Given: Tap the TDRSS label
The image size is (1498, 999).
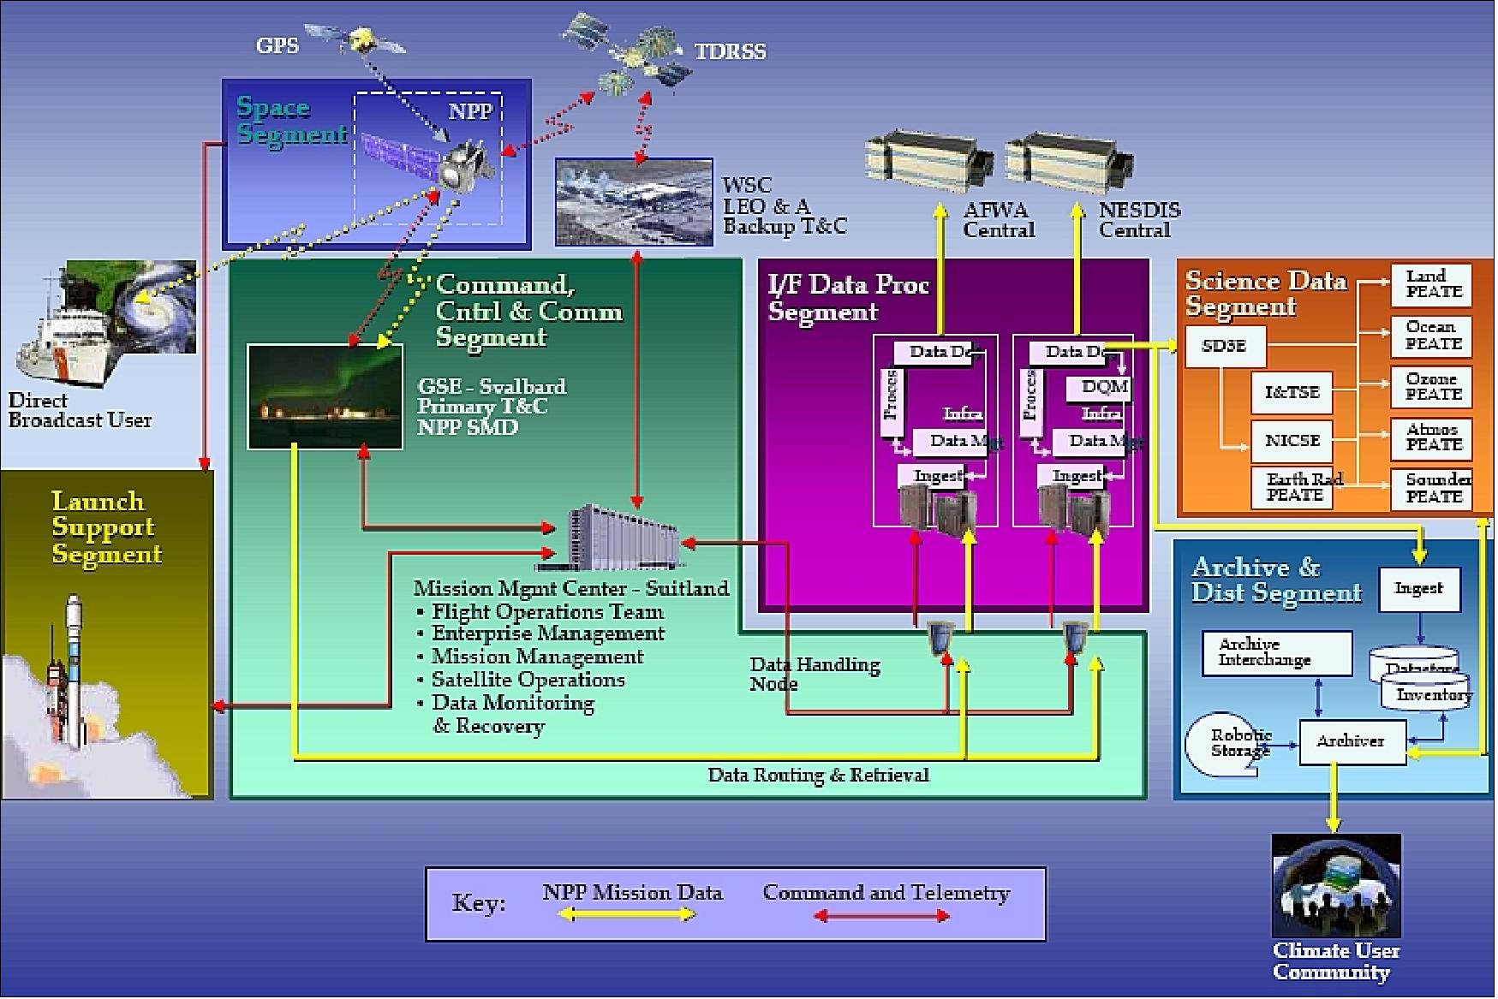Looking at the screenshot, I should (x=730, y=51).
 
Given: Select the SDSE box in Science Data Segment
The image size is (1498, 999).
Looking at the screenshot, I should (x=1224, y=347).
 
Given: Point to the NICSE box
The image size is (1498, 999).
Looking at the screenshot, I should (x=1292, y=442).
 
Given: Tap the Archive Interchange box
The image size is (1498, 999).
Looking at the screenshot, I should (x=1275, y=654).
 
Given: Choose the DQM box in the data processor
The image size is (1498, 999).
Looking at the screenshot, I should (x=1103, y=388).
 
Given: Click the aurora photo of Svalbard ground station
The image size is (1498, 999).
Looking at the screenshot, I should (x=325, y=397).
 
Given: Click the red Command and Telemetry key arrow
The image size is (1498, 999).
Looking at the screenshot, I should (x=882, y=917).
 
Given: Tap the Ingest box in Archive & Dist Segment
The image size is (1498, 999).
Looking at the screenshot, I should (x=1418, y=590).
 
